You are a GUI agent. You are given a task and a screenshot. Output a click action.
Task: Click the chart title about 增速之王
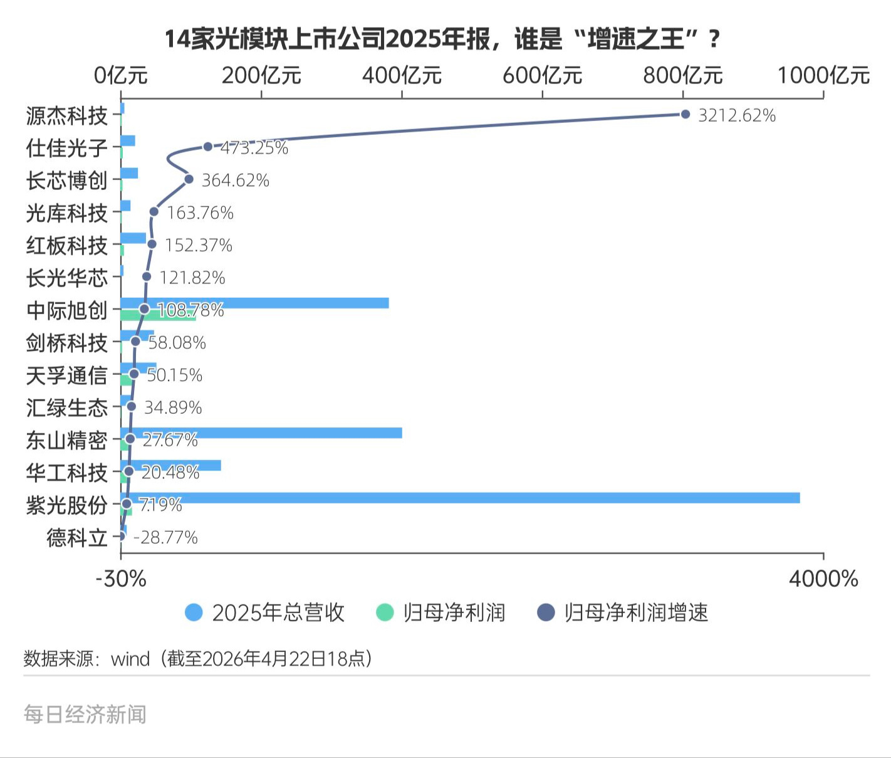[442, 39]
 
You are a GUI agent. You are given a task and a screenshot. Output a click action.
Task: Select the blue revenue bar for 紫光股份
[460, 498]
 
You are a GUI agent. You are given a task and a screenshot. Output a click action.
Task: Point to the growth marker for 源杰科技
[685, 114]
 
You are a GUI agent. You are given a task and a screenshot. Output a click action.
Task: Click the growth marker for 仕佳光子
[208, 147]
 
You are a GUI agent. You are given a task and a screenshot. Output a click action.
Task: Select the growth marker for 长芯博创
[189, 179]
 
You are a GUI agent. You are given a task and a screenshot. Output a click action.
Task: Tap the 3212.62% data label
[737, 115]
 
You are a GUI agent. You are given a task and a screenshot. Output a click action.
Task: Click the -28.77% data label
[166, 537]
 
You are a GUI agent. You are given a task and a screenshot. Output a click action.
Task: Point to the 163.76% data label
[201, 213]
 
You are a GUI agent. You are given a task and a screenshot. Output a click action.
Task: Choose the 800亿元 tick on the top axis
[683, 76]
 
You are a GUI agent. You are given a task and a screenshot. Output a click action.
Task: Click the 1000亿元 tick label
[823, 76]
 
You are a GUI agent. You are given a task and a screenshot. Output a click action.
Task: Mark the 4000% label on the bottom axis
[823, 579]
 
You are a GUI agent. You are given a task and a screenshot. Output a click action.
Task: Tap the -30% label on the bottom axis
[121, 579]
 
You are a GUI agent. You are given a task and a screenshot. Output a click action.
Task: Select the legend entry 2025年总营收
[266, 613]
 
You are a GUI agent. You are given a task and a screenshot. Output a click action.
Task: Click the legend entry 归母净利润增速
[623, 613]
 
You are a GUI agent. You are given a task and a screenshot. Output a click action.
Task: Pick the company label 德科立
[77, 537]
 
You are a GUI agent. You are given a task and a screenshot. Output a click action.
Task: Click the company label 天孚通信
[67, 376]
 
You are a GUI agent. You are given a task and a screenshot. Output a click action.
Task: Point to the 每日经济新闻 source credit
[85, 714]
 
